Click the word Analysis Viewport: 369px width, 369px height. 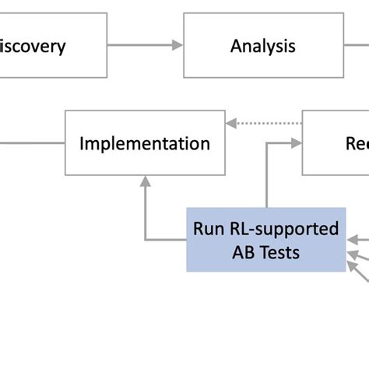(x=263, y=46)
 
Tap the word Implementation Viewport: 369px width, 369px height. (x=145, y=143)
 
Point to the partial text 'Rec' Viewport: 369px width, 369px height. (x=356, y=143)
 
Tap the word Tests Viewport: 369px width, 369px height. (x=279, y=251)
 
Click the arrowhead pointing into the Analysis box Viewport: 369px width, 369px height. (x=177, y=46)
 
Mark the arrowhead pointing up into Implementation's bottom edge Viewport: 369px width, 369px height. (x=145, y=181)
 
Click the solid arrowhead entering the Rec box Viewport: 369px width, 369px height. (x=297, y=143)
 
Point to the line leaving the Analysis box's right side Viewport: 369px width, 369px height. (x=355, y=46)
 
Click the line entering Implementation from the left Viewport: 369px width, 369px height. (x=31, y=143)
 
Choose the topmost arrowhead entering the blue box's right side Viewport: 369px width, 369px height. (x=352, y=240)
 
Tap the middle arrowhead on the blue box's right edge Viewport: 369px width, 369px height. (x=352, y=252)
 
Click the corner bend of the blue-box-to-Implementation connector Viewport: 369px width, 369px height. (x=145, y=240)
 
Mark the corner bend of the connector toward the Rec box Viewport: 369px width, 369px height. (x=267, y=143)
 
